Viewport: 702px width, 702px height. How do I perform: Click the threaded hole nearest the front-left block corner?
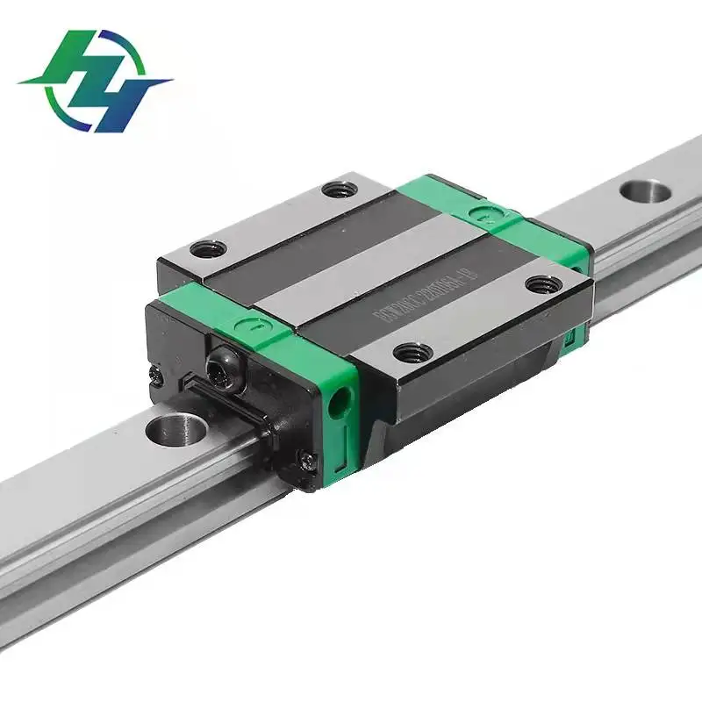click(x=208, y=249)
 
